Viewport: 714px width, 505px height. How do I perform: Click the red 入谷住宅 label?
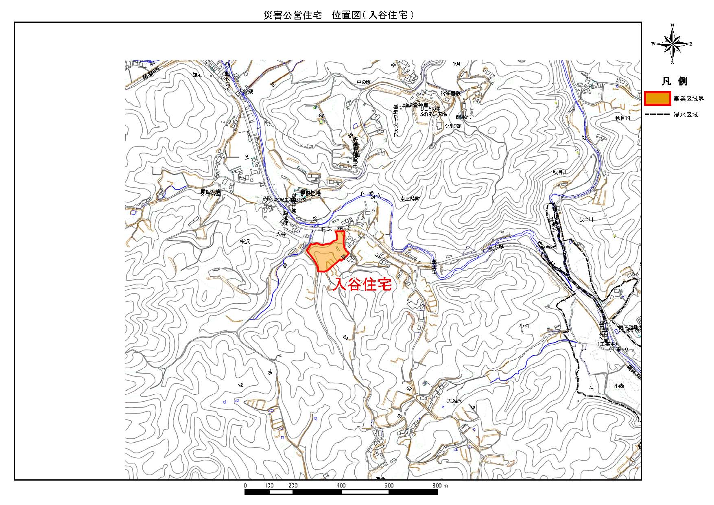point(362,284)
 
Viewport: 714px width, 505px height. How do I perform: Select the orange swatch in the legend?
point(657,98)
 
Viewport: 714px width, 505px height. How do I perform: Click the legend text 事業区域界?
point(688,99)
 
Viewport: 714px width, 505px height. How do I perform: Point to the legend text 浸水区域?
point(686,115)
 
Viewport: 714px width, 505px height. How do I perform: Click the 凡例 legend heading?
point(675,81)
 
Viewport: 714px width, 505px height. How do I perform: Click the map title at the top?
point(338,15)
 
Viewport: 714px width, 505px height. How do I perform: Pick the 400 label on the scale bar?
point(341,485)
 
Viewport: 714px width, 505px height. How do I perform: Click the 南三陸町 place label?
point(410,199)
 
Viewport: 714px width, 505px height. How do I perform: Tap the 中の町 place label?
point(364,82)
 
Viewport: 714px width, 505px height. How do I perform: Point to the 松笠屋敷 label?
point(450,93)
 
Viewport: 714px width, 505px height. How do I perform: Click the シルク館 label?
point(453,126)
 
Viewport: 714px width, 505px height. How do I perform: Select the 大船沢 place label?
point(454,401)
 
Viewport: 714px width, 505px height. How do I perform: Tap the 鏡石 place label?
point(197,75)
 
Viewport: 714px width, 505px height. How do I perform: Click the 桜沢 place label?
point(245,241)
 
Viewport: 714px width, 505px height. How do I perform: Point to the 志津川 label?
point(586,219)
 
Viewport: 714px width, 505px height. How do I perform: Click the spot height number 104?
point(456,64)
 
